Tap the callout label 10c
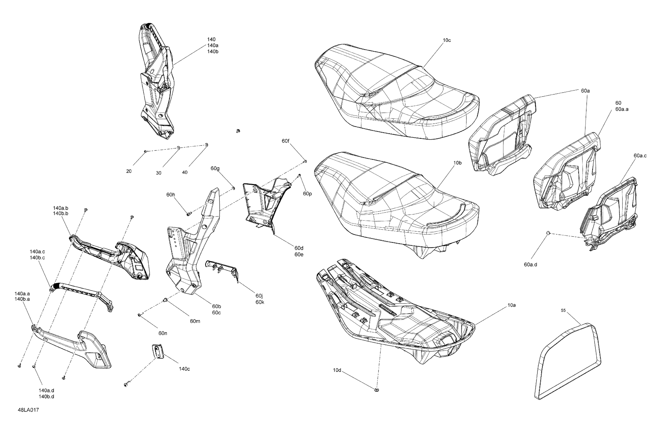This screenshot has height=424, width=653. [447, 40]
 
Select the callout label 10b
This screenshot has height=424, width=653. [457, 163]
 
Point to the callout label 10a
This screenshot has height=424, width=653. [512, 305]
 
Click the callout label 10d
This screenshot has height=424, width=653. [337, 370]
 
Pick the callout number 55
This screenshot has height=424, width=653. [563, 310]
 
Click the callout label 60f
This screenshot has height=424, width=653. [285, 141]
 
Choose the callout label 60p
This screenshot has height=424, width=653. [307, 194]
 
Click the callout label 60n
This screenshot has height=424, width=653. [163, 333]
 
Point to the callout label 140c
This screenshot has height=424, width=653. [184, 369]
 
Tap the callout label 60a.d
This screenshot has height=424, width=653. [530, 265]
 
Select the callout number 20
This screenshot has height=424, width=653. [129, 171]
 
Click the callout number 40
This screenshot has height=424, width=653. [185, 172]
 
